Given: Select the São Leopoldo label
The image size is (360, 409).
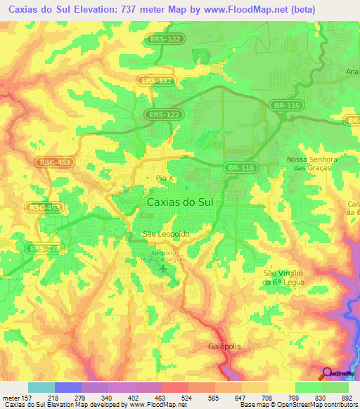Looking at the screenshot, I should [x=166, y=234].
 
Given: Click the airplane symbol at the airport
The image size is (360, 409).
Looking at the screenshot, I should [x=165, y=269].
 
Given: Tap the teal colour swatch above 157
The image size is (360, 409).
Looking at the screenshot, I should [x=41, y=387].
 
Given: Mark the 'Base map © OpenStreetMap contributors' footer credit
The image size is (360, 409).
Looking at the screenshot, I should [x=298, y=405].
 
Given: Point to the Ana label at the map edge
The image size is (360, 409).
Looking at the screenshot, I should [x=352, y=72].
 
